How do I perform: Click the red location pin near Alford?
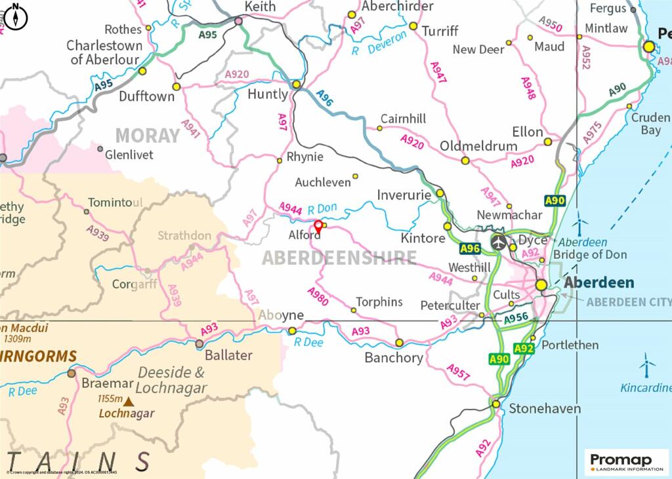coord(318,227)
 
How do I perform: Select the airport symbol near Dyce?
coord(499,241)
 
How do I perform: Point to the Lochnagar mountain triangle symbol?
coord(129,401)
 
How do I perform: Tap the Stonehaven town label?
coord(545,408)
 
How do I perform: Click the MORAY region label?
coord(147,136)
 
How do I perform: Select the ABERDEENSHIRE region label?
coord(339,258)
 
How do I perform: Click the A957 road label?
coord(458,372)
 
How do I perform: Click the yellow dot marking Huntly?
coord(297,85)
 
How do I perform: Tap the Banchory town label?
coord(394,358)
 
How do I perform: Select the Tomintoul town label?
coord(115,202)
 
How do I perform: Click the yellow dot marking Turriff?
coord(413,26)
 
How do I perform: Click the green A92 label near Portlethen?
coord(524,349)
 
